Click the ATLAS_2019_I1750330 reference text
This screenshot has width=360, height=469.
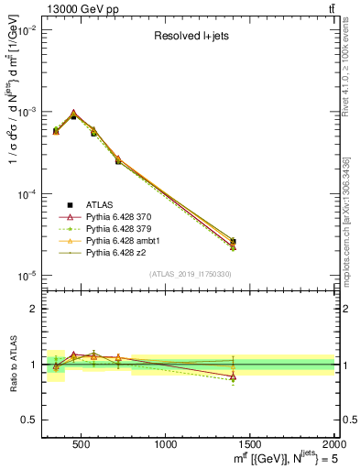click(x=190, y=274)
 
